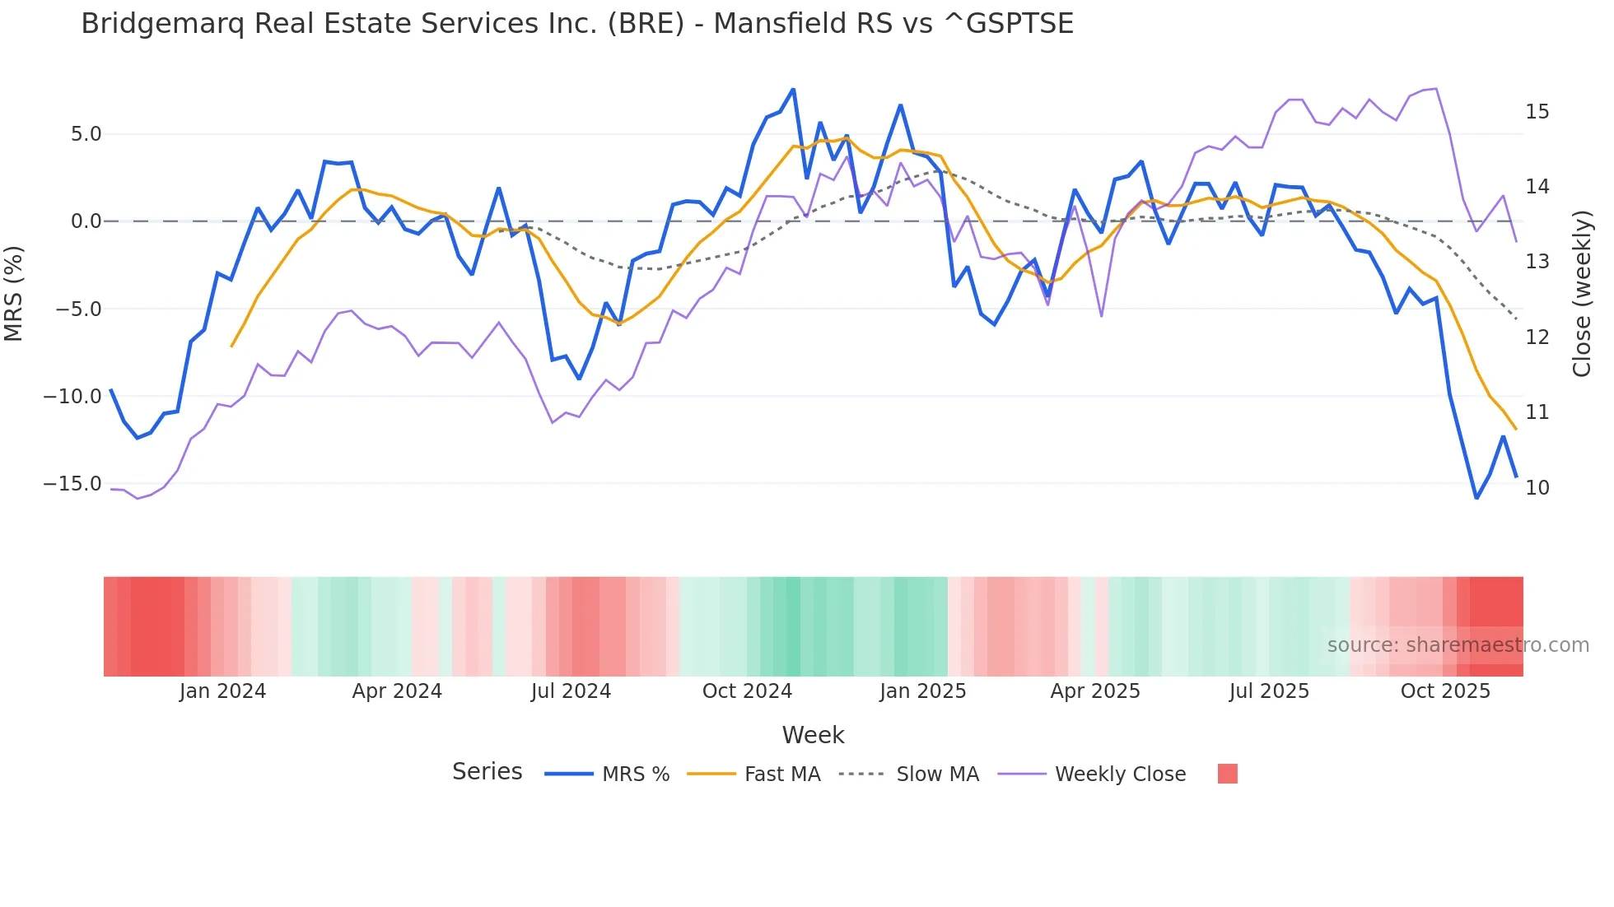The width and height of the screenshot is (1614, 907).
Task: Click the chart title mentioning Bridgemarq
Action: (x=576, y=24)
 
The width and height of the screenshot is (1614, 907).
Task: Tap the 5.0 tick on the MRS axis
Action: (x=86, y=134)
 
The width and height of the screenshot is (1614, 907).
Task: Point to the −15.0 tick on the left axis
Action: (x=72, y=484)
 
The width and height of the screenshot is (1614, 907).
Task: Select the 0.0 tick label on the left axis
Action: (x=86, y=221)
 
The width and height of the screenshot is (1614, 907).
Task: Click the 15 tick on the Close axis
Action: (x=1537, y=112)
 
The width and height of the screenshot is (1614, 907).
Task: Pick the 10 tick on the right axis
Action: (x=1537, y=488)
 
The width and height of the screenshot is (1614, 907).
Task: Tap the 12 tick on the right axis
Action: (x=1537, y=337)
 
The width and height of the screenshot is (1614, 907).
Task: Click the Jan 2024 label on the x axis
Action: (x=222, y=691)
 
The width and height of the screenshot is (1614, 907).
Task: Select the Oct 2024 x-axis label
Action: (x=747, y=691)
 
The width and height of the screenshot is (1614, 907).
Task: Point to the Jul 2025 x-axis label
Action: (x=1269, y=691)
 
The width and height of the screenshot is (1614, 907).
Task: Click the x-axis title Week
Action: (x=813, y=735)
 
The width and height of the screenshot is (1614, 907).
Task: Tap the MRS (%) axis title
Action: (x=14, y=294)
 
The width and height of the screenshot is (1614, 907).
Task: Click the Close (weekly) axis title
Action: (x=1582, y=294)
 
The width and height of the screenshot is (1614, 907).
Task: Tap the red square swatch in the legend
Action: (x=1227, y=774)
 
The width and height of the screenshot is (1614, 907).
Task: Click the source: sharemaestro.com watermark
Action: (x=1458, y=645)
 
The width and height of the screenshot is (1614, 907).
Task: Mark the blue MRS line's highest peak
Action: (x=793, y=89)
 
